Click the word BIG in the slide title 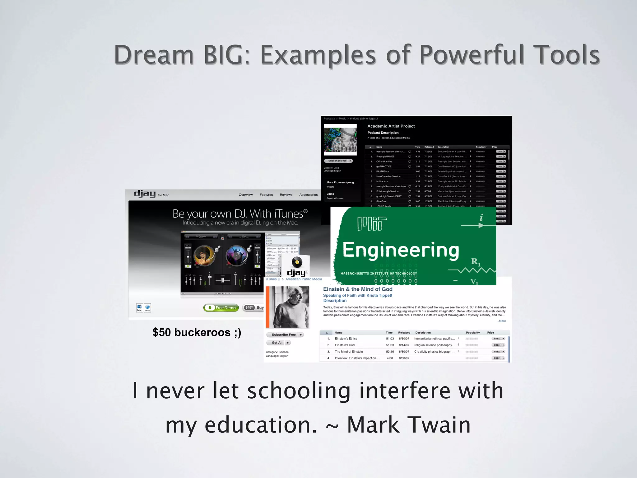[x=223, y=55]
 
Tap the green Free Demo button [x=221, y=308]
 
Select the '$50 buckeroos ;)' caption [x=197, y=332]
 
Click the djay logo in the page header [x=145, y=194]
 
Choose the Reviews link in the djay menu [x=286, y=195]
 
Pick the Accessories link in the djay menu [x=308, y=195]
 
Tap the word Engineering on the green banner [x=401, y=250]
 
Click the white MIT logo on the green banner [x=372, y=223]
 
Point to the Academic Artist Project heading [x=391, y=126]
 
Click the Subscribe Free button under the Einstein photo [x=283, y=335]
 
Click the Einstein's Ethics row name [x=346, y=339]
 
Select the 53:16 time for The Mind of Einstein [x=390, y=352]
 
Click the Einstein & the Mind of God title [x=358, y=289]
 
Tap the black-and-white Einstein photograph [x=288, y=307]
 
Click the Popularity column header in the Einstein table [x=472, y=333]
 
